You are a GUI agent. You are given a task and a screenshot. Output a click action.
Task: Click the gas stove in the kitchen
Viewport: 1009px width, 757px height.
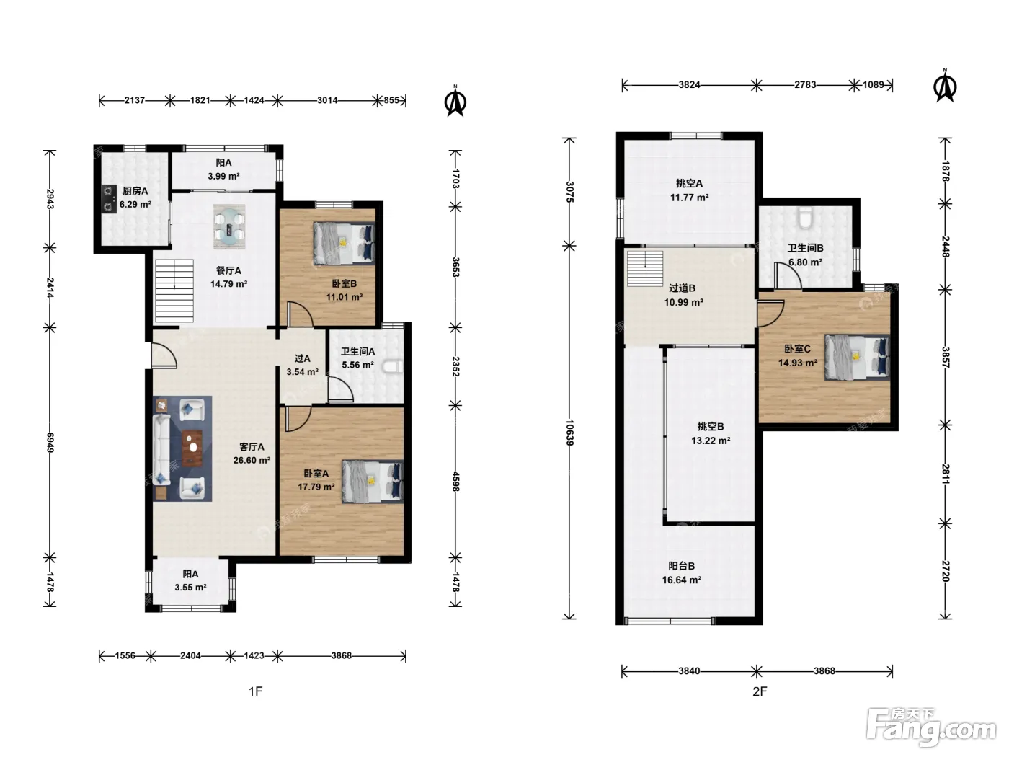coord(109,198)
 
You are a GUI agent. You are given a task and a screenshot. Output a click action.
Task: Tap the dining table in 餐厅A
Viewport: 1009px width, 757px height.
coord(229,226)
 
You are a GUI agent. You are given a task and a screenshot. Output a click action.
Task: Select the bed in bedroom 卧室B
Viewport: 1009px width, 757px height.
coord(344,244)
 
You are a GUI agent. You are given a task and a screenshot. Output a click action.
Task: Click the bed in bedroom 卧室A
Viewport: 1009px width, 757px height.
coord(373,481)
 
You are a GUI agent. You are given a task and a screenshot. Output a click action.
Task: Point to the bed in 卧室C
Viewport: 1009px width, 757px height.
coord(857,357)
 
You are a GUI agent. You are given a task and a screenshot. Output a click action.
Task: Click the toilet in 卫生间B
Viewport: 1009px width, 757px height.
coord(805,217)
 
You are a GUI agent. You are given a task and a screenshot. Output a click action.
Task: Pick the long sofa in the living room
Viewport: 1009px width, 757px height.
coord(162,448)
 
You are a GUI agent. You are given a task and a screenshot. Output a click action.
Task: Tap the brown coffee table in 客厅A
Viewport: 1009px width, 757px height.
coord(192,448)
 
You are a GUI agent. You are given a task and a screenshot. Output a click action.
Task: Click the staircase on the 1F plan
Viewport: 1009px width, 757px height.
coord(174,291)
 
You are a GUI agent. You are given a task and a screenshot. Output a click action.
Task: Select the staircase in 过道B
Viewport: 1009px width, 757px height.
coord(645,268)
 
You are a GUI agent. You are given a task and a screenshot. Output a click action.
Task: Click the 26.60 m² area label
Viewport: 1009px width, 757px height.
coord(252,460)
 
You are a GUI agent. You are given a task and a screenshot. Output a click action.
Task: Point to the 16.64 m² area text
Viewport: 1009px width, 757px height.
coord(681,580)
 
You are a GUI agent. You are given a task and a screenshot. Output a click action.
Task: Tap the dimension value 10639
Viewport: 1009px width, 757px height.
coord(569,432)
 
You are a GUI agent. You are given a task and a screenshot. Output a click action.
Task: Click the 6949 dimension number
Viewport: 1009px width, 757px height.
coord(50,442)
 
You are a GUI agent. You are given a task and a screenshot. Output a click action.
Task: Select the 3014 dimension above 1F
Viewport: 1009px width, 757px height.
coord(327,100)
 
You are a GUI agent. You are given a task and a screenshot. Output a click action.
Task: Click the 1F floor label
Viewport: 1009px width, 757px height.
coord(256,691)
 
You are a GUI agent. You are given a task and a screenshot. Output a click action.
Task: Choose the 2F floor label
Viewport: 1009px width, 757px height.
coord(760,691)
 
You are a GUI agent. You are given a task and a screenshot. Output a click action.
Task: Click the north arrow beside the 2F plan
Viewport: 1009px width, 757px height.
coord(945,86)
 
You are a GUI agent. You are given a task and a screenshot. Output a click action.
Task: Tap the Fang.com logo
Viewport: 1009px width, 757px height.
coord(931,728)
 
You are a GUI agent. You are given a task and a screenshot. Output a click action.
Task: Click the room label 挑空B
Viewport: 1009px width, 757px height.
coord(711,427)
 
